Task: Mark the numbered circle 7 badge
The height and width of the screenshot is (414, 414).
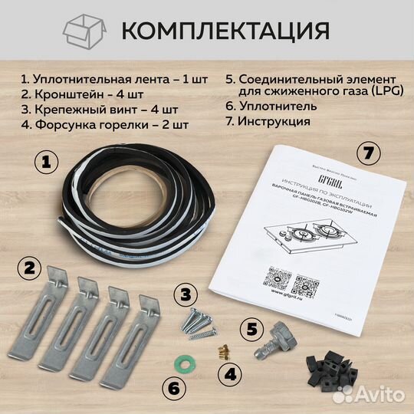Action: pyautogui.click(x=370, y=153)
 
